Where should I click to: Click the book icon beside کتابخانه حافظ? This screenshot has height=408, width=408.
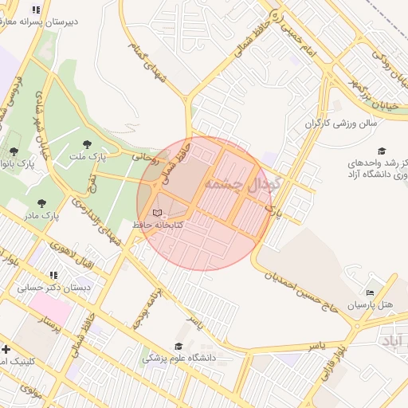pos(157,213)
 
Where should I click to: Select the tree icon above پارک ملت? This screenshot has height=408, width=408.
pos(87,144)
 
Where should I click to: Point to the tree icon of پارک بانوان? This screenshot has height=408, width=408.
pos(14,151)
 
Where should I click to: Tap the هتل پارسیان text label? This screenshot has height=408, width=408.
pos(371,305)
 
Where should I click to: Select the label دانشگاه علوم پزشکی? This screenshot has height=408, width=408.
pos(180,359)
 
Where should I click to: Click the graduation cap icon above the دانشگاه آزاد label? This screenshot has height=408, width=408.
pos(381,150)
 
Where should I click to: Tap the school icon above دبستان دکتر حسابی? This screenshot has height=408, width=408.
pos(53,274)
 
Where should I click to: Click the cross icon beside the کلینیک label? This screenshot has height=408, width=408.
pos(6,349)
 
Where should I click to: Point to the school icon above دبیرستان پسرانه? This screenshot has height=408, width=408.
pos(35,10)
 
